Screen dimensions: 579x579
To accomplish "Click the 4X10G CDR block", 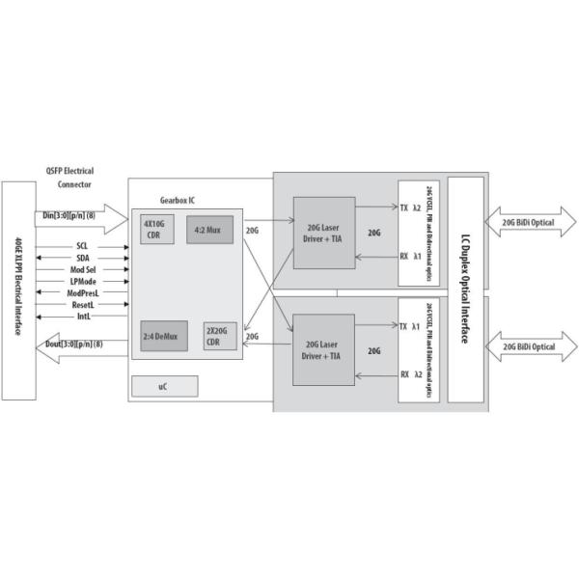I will click(157, 229).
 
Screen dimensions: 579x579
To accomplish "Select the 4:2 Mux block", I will click(210, 230).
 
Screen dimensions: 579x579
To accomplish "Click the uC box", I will click(164, 386).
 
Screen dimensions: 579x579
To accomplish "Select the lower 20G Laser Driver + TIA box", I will click(324, 350).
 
